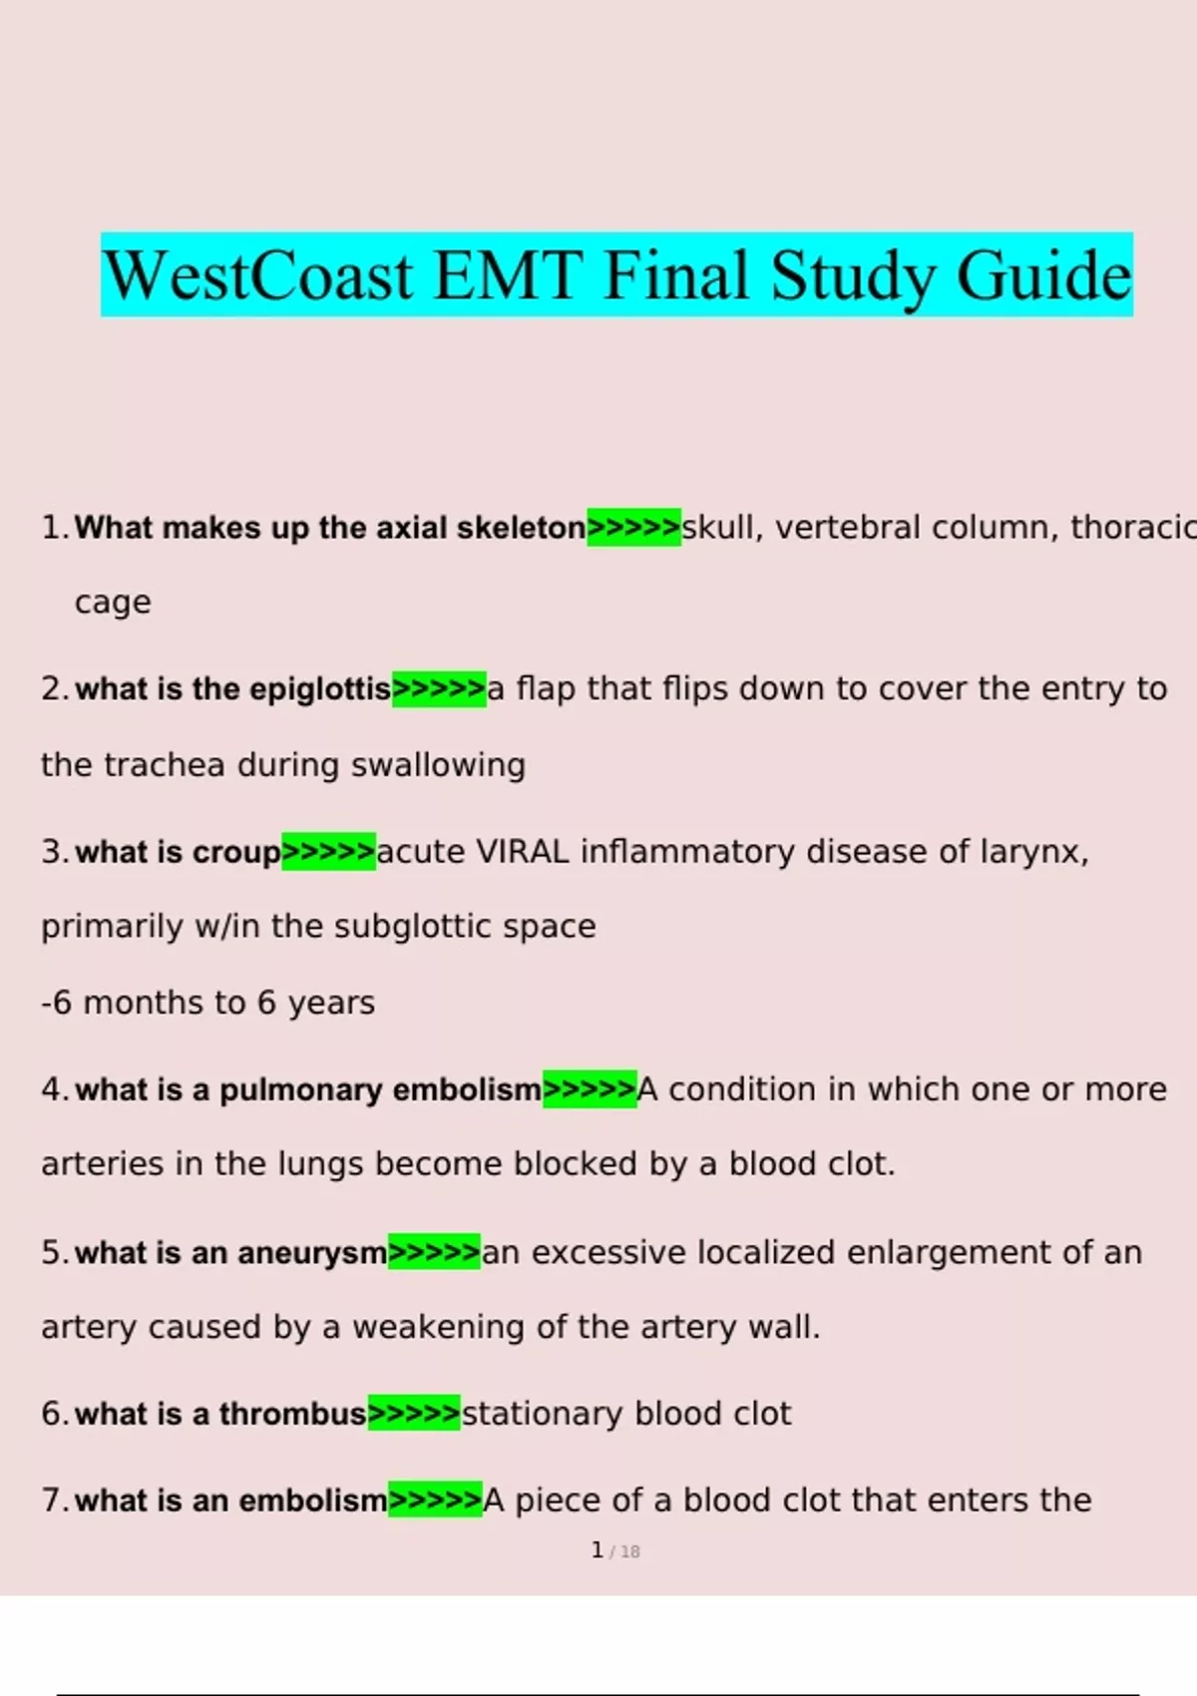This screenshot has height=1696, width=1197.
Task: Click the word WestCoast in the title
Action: tap(257, 276)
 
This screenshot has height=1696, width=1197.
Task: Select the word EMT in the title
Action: tap(508, 276)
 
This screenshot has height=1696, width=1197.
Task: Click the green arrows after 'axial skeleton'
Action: tap(633, 527)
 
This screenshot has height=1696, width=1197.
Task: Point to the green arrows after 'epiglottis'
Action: tap(439, 688)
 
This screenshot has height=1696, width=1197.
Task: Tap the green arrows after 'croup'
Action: tap(328, 852)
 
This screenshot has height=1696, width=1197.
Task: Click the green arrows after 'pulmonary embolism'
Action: tap(590, 1089)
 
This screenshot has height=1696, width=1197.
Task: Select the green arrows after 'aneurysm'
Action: tap(434, 1252)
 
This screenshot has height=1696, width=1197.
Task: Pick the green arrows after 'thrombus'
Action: tap(414, 1414)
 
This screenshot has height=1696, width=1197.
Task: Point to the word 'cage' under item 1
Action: tap(113, 603)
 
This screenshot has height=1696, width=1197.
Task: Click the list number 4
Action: tap(52, 1089)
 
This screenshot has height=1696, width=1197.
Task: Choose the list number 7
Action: tap(52, 1500)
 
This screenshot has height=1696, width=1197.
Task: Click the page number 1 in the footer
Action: tap(597, 1550)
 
